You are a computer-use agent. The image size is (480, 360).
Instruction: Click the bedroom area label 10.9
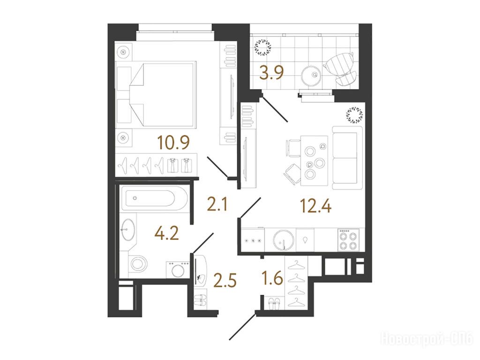point(173,142)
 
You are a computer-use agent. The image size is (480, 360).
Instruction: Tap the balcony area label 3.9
point(271,73)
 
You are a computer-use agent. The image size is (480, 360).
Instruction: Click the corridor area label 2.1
point(217,204)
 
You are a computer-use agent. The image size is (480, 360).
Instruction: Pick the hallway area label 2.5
point(225,280)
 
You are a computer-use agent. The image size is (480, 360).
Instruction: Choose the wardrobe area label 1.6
point(272,278)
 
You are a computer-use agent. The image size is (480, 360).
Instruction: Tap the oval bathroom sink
point(127,230)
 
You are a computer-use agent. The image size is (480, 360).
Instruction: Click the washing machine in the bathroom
point(178,270)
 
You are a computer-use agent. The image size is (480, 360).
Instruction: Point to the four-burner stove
point(348,240)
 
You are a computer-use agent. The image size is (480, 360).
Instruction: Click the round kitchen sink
point(284,240)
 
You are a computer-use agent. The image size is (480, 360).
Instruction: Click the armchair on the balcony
point(340,68)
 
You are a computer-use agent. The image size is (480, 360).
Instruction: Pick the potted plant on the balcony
point(262,47)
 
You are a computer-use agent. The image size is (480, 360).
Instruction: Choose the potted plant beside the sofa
point(354,115)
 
